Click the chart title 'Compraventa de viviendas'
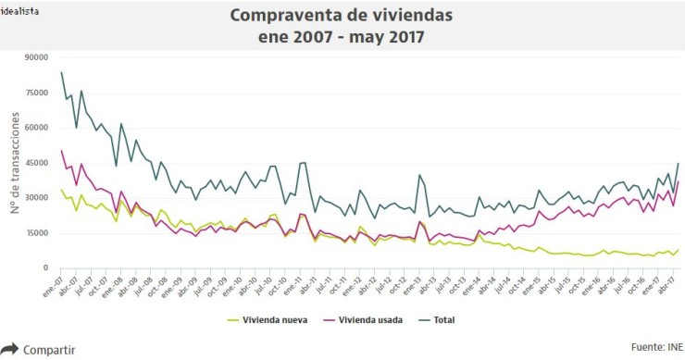point(342,16)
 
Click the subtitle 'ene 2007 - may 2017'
point(342,37)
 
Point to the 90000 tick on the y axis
point(35,57)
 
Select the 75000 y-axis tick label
point(35,93)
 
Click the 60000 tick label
point(35,128)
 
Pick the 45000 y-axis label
point(35,163)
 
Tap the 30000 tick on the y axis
point(35,198)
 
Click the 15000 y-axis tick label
point(35,233)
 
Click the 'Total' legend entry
point(442,320)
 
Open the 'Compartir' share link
point(48,350)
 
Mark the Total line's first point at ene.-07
point(61,72)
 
